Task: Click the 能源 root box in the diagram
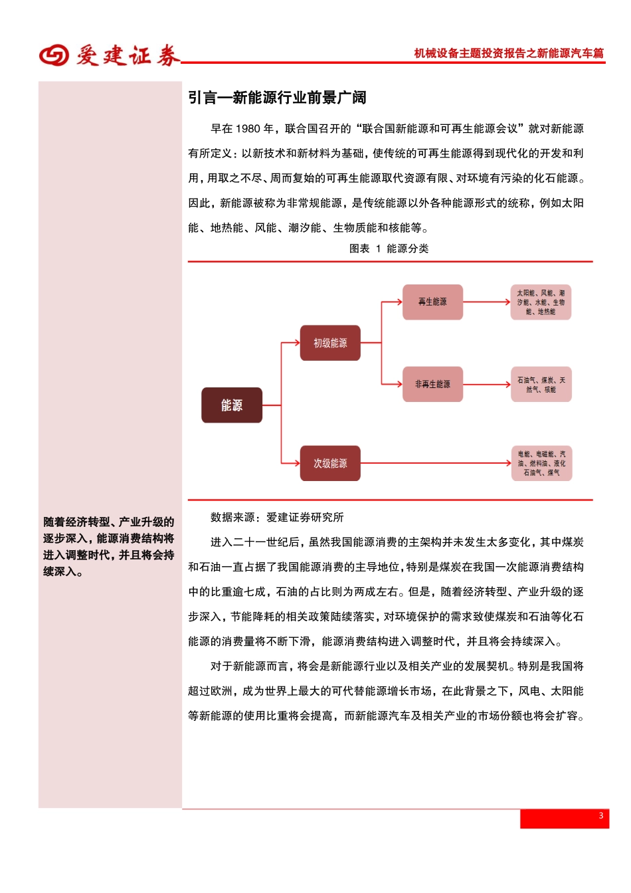232,405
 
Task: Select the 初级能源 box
330,343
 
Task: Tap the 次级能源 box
330,463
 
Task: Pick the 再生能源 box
432,302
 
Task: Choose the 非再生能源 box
432,384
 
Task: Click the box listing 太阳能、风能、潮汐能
541,302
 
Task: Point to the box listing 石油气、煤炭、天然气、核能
541,384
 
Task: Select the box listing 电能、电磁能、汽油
541,463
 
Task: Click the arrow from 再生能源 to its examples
486,302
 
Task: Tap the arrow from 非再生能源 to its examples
486,384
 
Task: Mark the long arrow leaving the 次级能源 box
435,463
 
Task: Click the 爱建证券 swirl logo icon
54,55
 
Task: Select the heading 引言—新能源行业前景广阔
277,98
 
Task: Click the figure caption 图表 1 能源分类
389,248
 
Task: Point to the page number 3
600,816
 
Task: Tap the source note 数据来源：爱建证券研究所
277,517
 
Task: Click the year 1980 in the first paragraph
248,129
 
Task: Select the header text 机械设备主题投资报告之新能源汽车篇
509,53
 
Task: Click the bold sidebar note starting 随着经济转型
109,546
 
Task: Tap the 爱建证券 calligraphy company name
128,56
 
